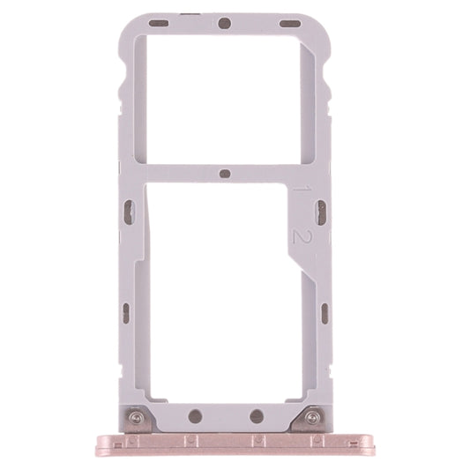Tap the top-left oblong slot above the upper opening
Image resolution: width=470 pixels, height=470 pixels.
(x=159, y=21)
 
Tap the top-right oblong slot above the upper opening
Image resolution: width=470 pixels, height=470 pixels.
(x=290, y=21)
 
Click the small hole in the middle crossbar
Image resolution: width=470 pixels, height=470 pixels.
(x=225, y=173)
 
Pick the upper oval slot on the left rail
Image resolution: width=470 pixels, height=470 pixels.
(x=129, y=211)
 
